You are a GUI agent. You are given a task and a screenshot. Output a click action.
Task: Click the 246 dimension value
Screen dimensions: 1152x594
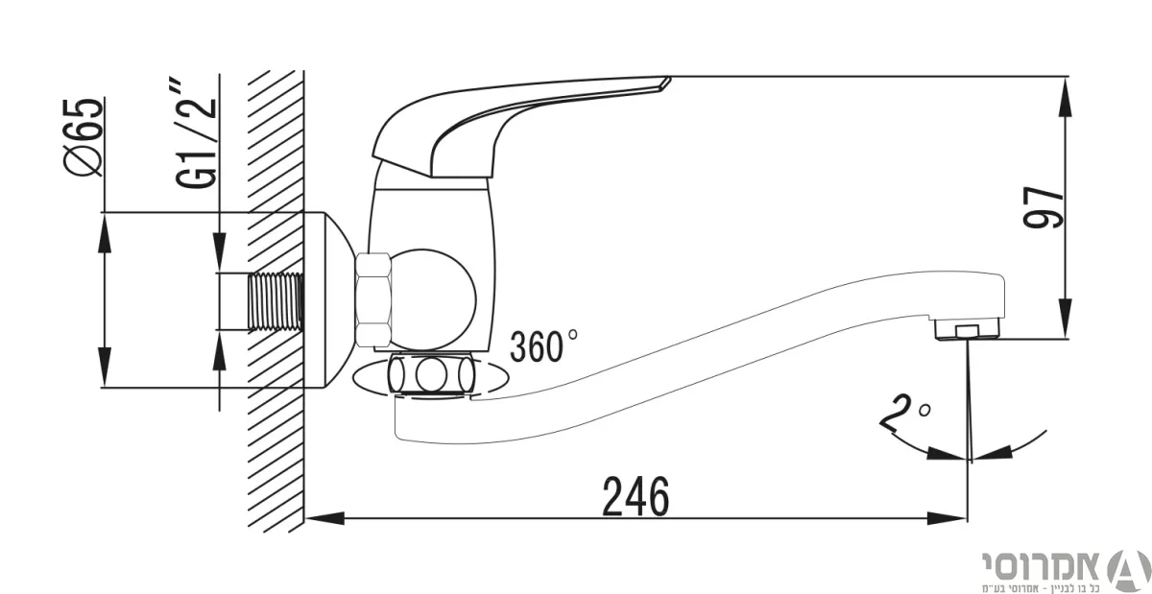tap(636, 496)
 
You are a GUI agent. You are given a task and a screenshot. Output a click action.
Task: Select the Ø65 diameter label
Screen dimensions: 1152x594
tap(83, 137)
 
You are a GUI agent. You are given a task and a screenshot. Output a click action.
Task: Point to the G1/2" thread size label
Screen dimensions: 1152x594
tap(197, 133)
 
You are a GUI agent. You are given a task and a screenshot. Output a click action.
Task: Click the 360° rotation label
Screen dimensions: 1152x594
tap(543, 345)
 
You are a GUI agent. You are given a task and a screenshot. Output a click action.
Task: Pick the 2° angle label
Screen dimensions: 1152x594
tap(904, 412)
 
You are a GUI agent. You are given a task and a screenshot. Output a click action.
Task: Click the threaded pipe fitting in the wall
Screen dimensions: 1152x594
tap(276, 301)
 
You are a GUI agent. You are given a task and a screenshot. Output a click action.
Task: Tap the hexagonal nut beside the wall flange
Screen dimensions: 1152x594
tap(373, 300)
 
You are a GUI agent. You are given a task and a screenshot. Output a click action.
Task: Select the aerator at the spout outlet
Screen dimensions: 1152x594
tap(967, 328)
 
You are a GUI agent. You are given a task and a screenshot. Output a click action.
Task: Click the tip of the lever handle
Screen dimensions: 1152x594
tap(667, 81)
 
